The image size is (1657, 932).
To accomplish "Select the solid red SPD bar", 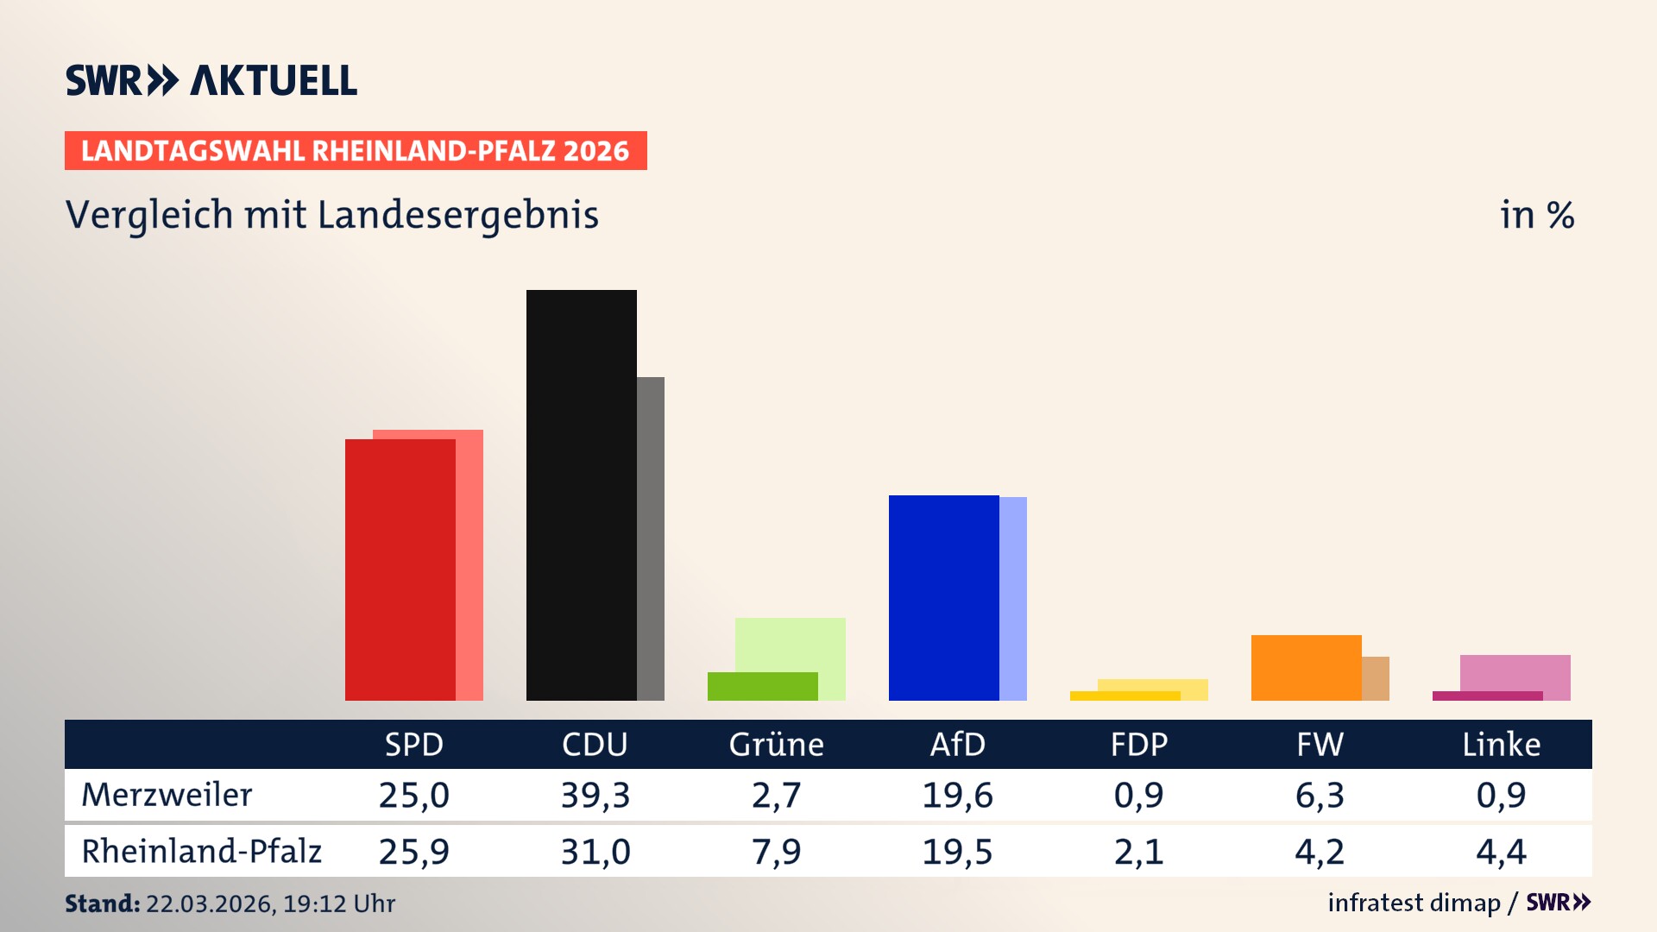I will pyautogui.click(x=400, y=570).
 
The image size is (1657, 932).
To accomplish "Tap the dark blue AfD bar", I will pyautogui.click(x=943, y=597).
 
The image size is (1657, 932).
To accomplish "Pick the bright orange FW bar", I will pyautogui.click(x=1306, y=667).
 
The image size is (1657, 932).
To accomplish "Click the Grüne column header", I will pyautogui.click(x=776, y=745).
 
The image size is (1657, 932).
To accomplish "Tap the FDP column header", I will pyautogui.click(x=1138, y=745).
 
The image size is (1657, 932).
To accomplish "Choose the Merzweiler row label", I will pyautogui.click(x=167, y=795).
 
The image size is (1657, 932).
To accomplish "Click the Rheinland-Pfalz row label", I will pyautogui.click(x=201, y=852).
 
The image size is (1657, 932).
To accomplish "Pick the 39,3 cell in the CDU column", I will pyautogui.click(x=595, y=795).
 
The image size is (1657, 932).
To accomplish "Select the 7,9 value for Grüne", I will pyautogui.click(x=776, y=852).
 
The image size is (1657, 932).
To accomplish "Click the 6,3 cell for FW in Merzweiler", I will pyautogui.click(x=1320, y=795).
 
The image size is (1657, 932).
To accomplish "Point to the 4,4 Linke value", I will pyautogui.click(x=1501, y=852).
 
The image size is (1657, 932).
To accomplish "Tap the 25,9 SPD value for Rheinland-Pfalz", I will pyautogui.click(x=413, y=852).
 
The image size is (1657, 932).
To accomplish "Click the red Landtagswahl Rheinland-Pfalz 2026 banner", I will pyautogui.click(x=356, y=151).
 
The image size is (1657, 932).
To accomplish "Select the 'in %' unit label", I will pyautogui.click(x=1536, y=215).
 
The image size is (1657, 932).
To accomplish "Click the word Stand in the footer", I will pyautogui.click(x=102, y=904).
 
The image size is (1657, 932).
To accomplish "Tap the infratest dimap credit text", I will pyautogui.click(x=1414, y=903).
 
